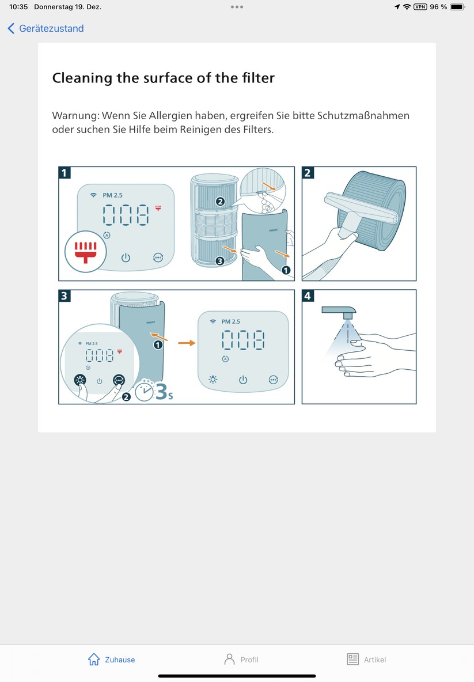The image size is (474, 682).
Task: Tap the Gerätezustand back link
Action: [x=45, y=28]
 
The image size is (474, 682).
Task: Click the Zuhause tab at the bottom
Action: [x=112, y=660]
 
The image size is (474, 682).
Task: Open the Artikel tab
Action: [x=366, y=660]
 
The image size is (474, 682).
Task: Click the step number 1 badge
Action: [x=66, y=173]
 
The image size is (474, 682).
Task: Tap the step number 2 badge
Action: [x=308, y=173]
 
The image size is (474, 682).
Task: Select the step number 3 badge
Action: [x=66, y=296]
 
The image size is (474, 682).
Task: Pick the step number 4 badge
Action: [x=308, y=296]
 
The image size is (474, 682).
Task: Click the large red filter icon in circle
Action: [x=85, y=251]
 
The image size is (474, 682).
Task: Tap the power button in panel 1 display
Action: [x=126, y=257]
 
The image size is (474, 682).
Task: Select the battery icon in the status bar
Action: [x=457, y=7]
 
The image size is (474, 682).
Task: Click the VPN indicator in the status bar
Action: [x=420, y=7]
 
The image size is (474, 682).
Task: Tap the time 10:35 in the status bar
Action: [x=18, y=7]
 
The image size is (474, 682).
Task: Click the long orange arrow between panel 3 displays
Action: [x=186, y=343]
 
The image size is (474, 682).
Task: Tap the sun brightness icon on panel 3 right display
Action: [x=214, y=380]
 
